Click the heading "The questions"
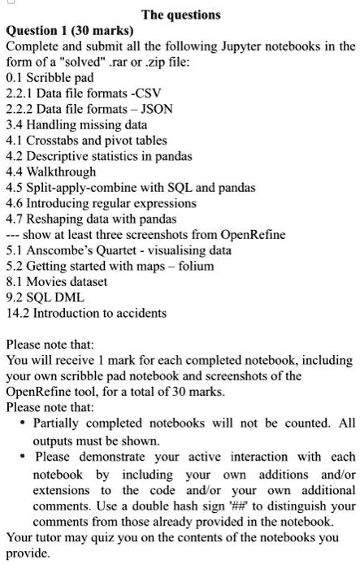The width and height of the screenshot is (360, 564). pos(180,14)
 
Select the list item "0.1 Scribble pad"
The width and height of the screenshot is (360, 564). pos(50,78)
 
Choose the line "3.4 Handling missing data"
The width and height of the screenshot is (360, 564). pos(76,124)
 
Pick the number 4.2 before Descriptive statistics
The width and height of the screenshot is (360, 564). pos(15,155)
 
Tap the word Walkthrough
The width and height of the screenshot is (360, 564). pos(61,171)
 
